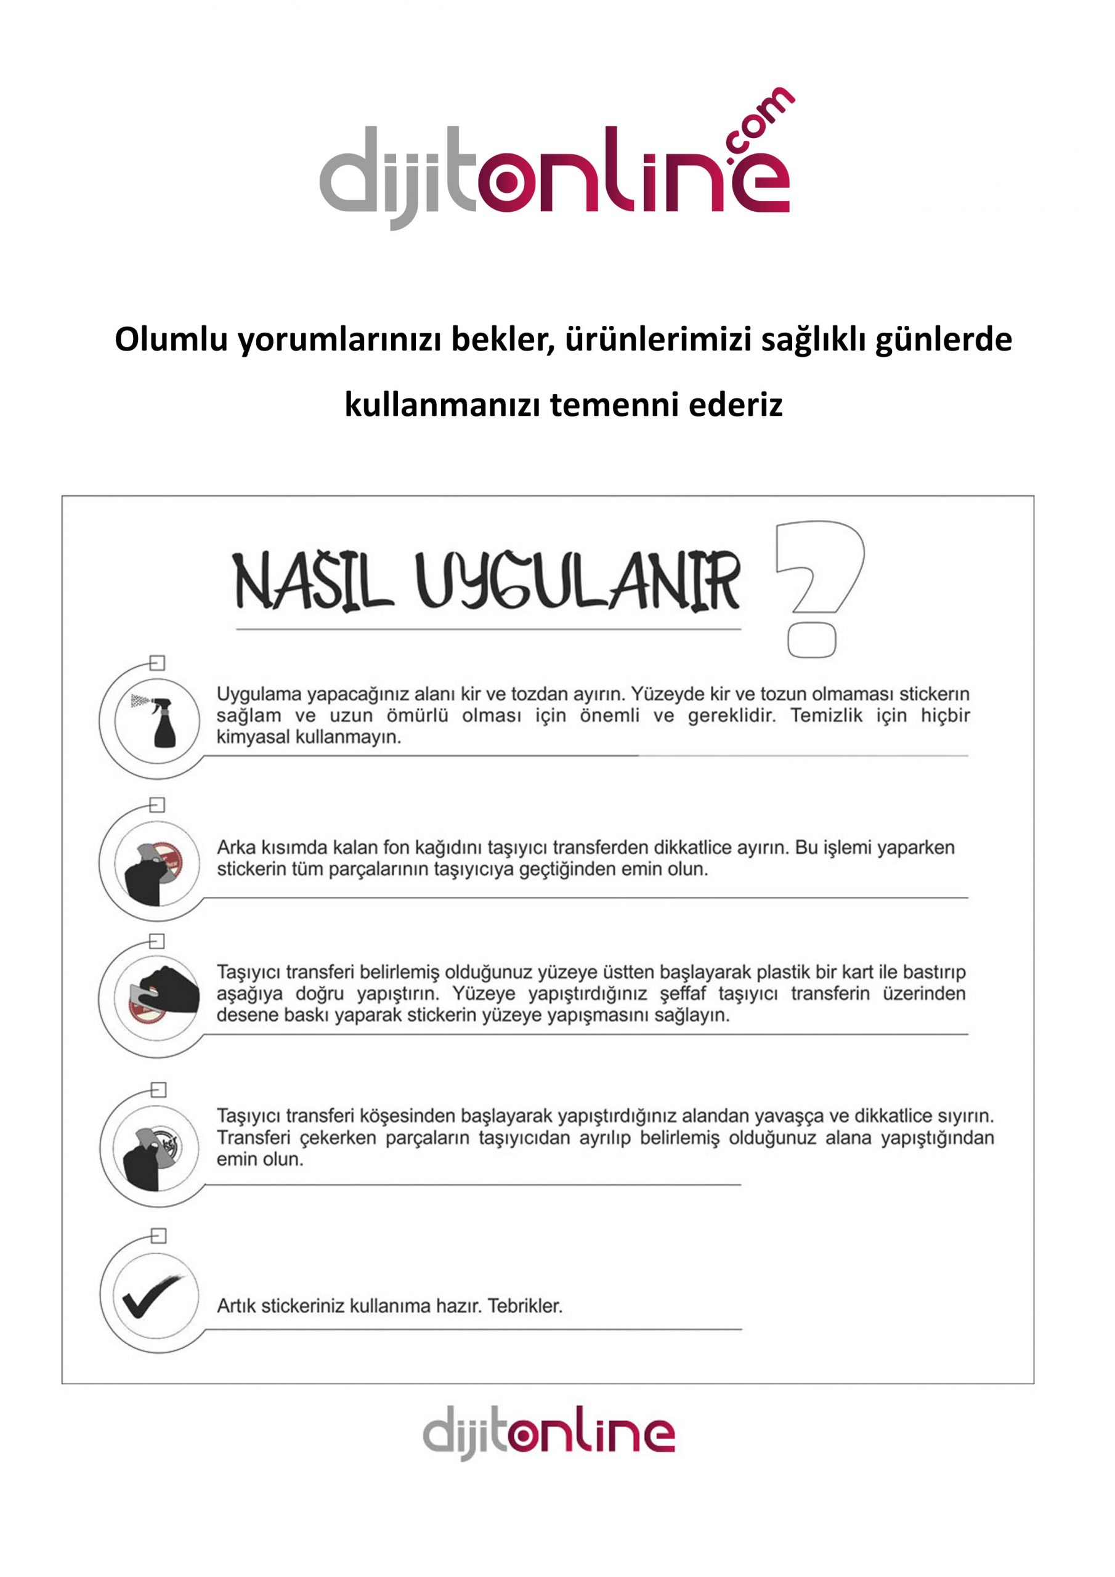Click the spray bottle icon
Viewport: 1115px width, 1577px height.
(x=159, y=721)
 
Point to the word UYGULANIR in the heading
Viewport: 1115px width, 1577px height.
(x=577, y=581)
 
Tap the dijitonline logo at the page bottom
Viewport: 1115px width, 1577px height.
(x=548, y=1433)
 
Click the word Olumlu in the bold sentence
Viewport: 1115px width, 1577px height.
(x=171, y=339)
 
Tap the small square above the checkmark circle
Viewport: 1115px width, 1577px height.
(x=159, y=1236)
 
